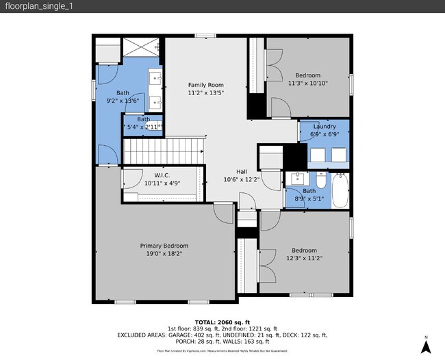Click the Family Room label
[x=206, y=85]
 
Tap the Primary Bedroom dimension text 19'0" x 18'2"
[x=164, y=253]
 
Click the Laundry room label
[x=324, y=127]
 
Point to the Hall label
[x=242, y=172]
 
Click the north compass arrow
[x=425, y=346]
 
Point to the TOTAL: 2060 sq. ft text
[x=222, y=322]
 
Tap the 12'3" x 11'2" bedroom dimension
[x=304, y=258]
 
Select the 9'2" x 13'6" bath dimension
[x=123, y=101]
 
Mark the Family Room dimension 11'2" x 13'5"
[x=206, y=93]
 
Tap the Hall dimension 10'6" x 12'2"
[x=242, y=180]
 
